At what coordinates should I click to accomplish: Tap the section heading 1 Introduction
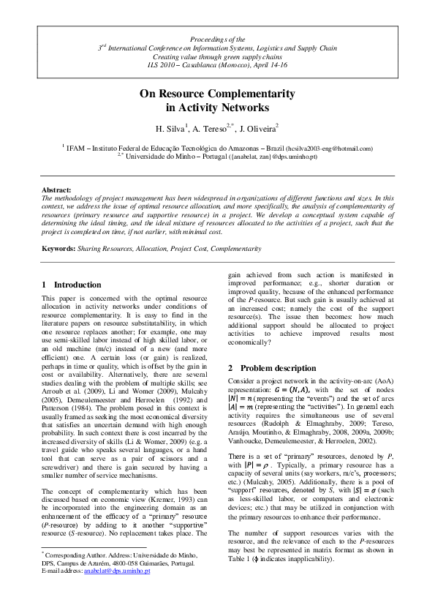pos(72,285)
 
